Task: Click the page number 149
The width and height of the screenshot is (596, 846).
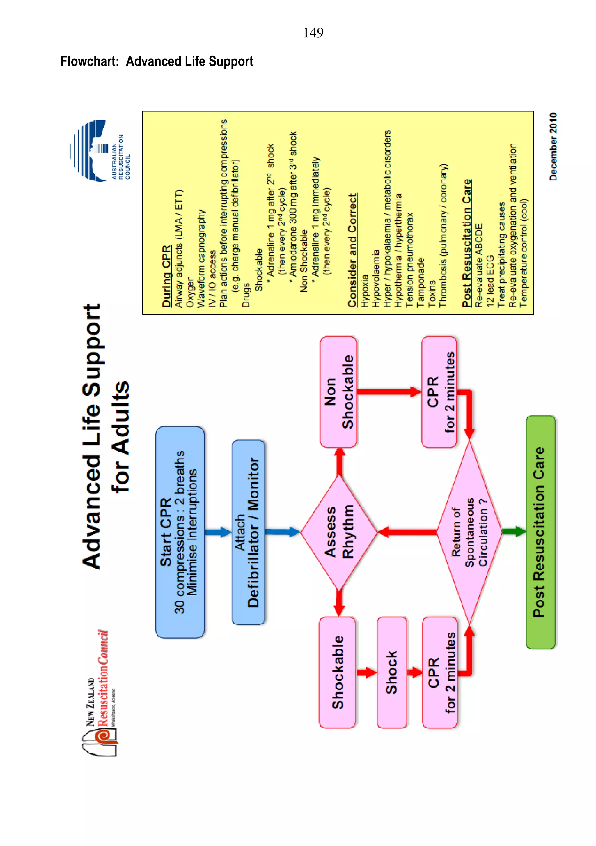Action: [x=313, y=33]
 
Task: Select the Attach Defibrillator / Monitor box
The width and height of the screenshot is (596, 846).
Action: [x=248, y=532]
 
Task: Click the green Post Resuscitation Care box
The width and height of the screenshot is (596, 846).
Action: [x=540, y=532]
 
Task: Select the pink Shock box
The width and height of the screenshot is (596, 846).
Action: [x=392, y=672]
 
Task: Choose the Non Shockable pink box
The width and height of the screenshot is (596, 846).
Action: [x=338, y=392]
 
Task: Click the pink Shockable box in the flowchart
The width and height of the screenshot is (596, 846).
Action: [x=337, y=672]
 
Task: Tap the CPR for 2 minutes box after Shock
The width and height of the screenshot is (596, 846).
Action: [x=440, y=672]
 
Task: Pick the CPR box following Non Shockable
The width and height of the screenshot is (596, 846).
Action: [x=439, y=392]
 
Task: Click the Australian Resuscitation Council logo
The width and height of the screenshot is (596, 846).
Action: [x=100, y=151]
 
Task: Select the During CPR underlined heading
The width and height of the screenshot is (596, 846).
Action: [x=166, y=276]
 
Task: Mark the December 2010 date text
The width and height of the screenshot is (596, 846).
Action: [x=553, y=147]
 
